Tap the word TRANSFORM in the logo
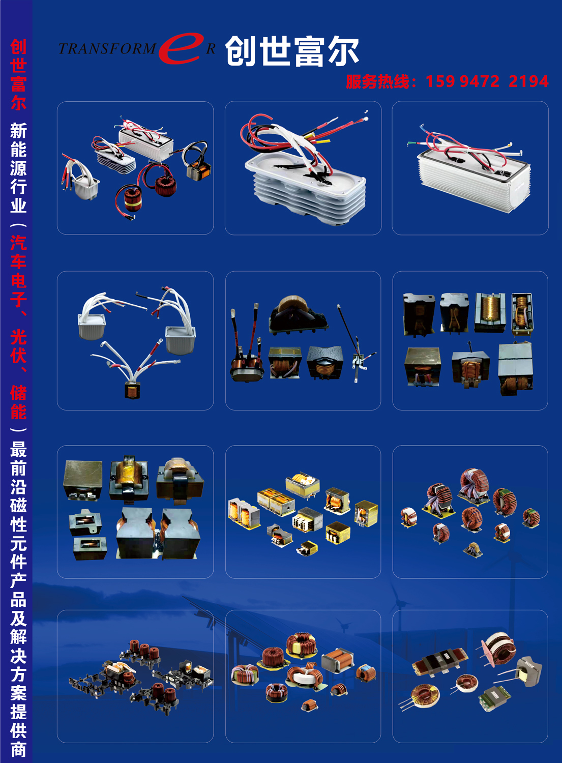[107, 49]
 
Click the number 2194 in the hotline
[528, 81]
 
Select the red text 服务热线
[378, 82]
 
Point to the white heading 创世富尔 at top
[292, 51]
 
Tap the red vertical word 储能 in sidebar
[18, 403]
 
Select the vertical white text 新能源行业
[18, 167]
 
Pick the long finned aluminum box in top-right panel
[474, 177]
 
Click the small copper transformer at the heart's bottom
[132, 390]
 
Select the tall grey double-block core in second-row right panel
[515, 369]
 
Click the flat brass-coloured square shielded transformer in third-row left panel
[83, 480]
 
